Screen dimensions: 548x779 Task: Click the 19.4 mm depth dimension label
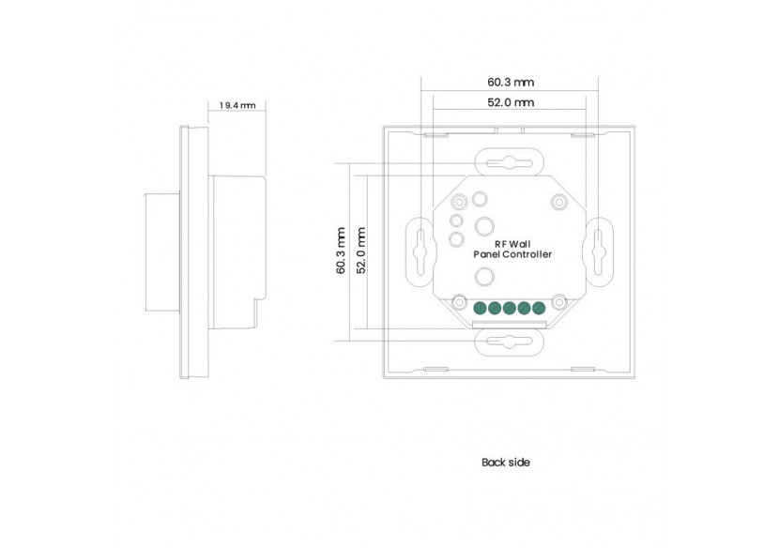coord(237,106)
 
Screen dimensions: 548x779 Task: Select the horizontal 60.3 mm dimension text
coord(511,83)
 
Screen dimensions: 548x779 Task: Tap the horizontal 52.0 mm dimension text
coord(511,102)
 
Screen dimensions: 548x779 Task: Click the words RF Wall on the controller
coord(511,243)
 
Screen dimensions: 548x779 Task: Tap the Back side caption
coord(506,463)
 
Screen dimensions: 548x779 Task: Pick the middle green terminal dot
coord(509,307)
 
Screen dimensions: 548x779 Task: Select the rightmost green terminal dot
coord(539,307)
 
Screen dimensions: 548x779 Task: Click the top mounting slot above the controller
coord(508,162)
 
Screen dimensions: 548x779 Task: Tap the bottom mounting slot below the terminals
coord(508,342)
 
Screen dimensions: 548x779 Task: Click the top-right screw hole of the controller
coord(559,202)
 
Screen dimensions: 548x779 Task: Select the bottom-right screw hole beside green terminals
coord(559,301)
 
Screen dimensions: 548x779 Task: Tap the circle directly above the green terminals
coord(485,276)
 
